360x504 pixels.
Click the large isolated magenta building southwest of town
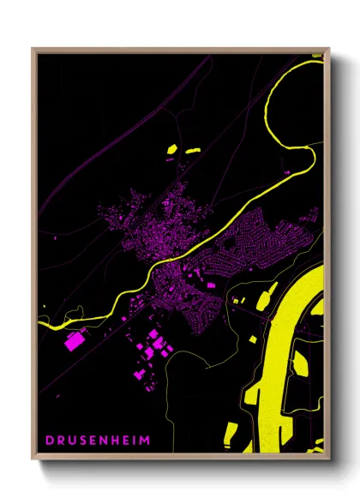click(x=74, y=342)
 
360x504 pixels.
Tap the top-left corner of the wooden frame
click(x=33, y=49)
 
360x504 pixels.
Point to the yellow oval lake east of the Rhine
click(x=300, y=364)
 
